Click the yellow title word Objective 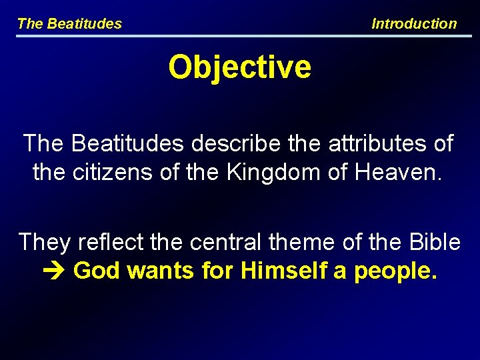239,67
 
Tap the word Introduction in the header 414,24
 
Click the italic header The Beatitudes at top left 69,24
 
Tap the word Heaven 401,173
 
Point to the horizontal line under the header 239,36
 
